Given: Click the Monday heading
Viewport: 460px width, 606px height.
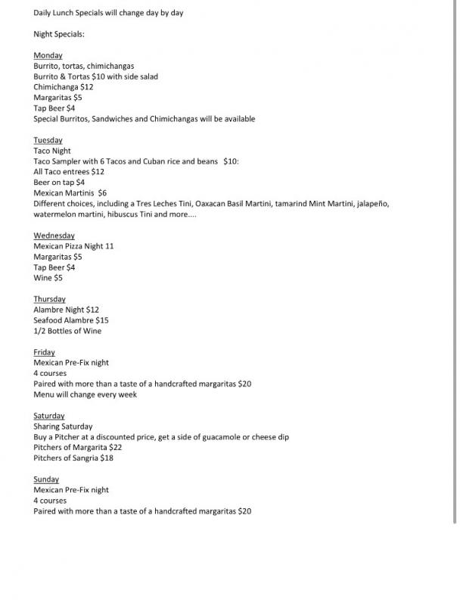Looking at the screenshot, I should (48, 55).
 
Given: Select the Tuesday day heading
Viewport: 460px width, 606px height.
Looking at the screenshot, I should (48, 140).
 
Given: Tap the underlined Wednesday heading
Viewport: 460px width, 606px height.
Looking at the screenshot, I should (54, 236).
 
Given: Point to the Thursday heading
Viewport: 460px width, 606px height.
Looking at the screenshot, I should (49, 299).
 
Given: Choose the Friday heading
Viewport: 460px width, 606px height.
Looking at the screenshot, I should (44, 352).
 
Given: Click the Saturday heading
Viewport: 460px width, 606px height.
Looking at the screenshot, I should (49, 416).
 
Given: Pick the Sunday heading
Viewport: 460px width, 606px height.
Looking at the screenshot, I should (46, 479).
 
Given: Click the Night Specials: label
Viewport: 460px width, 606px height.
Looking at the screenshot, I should (59, 34).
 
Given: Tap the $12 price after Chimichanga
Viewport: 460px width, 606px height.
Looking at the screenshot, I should (88, 87).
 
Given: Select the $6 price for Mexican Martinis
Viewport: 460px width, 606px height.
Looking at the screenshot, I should (102, 193).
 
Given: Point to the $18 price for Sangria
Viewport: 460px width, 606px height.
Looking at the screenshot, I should (107, 458).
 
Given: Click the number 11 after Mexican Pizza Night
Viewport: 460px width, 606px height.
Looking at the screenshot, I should (110, 246).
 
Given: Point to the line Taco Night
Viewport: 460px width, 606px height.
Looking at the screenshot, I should (52, 151).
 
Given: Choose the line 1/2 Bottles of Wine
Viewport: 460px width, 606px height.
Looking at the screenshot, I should (67, 331).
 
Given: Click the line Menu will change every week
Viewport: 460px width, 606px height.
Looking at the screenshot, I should (85, 395).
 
